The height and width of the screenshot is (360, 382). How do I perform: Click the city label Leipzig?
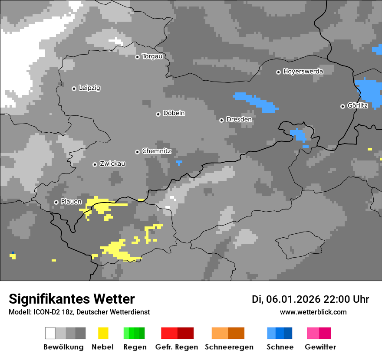click(89, 88)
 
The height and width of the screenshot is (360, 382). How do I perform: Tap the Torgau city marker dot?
click(137, 57)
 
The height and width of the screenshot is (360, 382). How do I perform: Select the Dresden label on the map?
click(239, 119)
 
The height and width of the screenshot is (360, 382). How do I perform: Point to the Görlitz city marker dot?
click(342, 106)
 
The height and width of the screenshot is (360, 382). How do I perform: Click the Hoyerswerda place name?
click(303, 72)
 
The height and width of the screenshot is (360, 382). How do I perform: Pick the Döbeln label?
click(174, 113)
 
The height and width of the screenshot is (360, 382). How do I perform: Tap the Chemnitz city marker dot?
click(137, 152)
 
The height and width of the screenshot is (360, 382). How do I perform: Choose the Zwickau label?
click(112, 164)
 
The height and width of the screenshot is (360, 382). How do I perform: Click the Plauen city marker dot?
click(56, 202)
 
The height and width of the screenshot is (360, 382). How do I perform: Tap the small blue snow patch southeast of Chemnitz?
click(179, 163)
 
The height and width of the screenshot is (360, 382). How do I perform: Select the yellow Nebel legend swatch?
click(103, 333)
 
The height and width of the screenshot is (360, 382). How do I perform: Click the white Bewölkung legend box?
click(50, 333)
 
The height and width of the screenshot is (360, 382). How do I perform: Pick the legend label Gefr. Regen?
click(177, 347)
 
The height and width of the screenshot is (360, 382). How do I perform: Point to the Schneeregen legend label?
click(229, 347)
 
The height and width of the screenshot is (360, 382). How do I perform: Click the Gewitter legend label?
click(320, 347)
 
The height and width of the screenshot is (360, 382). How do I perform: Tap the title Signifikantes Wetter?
click(72, 299)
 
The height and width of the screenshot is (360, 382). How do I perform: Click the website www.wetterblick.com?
click(313, 312)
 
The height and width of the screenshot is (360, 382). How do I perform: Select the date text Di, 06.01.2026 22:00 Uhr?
click(310, 299)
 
